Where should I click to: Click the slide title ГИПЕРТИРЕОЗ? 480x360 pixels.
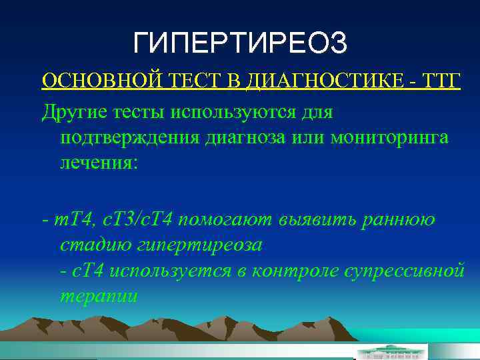tap(240, 44)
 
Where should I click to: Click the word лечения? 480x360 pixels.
tap(99, 163)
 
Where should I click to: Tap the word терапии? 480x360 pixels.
tap(99, 296)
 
